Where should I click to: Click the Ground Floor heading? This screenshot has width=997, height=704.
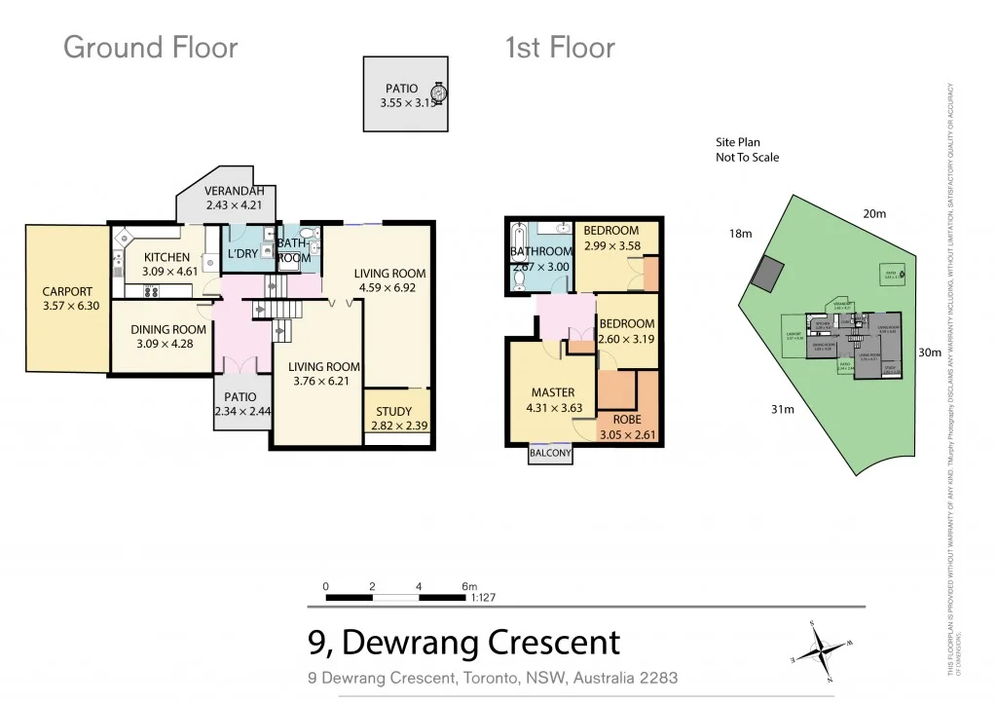click(x=150, y=47)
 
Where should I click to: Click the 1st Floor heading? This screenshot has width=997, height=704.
click(x=560, y=47)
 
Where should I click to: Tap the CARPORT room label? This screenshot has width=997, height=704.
click(x=67, y=291)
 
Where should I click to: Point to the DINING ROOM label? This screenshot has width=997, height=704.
click(x=168, y=329)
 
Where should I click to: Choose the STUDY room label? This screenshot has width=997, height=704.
click(x=392, y=411)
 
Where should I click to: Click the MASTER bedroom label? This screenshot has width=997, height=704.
click(x=552, y=392)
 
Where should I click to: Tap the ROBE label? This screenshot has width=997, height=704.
click(x=627, y=420)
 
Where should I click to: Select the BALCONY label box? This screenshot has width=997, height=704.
click(x=551, y=453)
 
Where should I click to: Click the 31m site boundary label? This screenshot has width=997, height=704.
click(x=782, y=409)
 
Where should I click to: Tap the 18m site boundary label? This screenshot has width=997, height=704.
click(x=741, y=234)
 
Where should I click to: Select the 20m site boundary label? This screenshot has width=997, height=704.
click(x=873, y=213)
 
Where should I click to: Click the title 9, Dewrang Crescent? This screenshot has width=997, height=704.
click(x=463, y=643)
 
